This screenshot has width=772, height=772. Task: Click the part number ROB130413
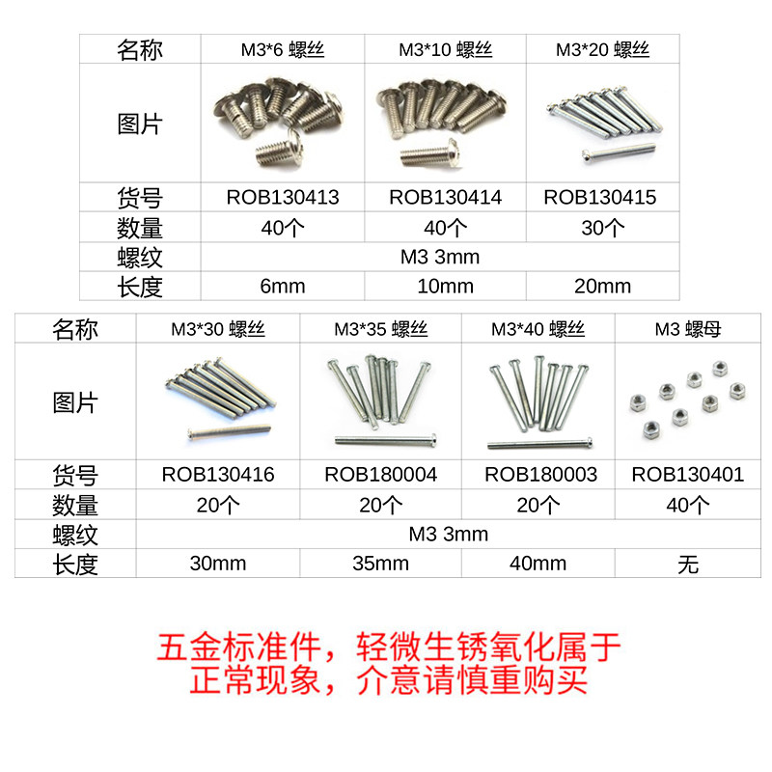[283, 198]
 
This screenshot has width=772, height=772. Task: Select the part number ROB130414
[445, 198]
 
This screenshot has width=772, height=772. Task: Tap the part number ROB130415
[600, 198]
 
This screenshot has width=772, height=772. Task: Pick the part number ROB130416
[218, 475]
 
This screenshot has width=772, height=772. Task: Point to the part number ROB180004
[380, 475]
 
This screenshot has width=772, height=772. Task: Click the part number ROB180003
[540, 475]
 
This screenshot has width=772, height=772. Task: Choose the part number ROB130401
[688, 475]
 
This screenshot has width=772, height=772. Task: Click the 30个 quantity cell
[600, 229]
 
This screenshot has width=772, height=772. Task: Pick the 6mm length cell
[282, 286]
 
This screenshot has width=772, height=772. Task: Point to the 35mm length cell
[380, 564]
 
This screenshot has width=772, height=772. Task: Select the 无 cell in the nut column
[688, 564]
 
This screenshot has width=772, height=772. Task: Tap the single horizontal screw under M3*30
[228, 428]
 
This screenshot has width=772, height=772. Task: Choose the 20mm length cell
[600, 286]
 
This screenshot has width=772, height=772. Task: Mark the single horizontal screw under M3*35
[386, 440]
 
